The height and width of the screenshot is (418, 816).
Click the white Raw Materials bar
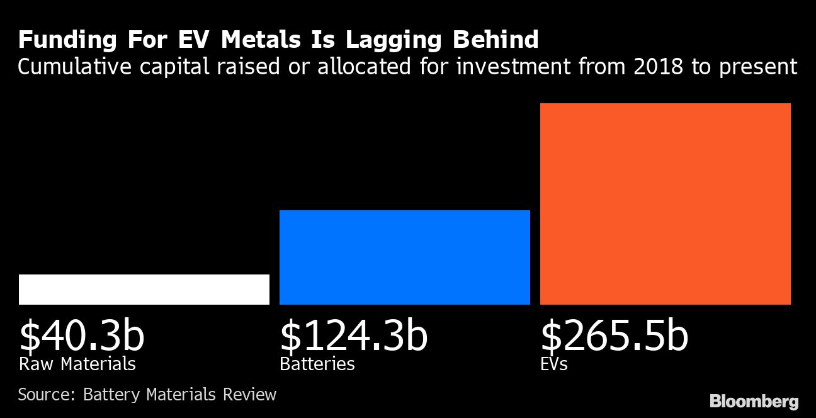pyautogui.click(x=144, y=290)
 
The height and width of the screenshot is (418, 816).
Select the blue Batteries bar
pyautogui.click(x=405, y=257)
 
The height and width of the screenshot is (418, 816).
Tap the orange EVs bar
pyautogui.click(x=666, y=204)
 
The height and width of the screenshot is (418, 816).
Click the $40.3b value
pyautogui.click(x=82, y=337)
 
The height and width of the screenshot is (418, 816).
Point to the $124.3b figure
pyautogui.click(x=354, y=337)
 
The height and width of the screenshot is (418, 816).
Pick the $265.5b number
pyautogui.click(x=615, y=337)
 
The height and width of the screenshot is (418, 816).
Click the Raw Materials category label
pyautogui.click(x=77, y=364)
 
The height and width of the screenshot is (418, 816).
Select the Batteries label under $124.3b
pyautogui.click(x=317, y=364)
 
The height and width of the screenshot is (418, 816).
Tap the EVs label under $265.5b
pyautogui.click(x=554, y=364)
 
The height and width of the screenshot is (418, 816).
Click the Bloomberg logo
pyautogui.click(x=754, y=401)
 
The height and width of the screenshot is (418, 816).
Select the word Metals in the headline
pyautogui.click(x=263, y=40)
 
